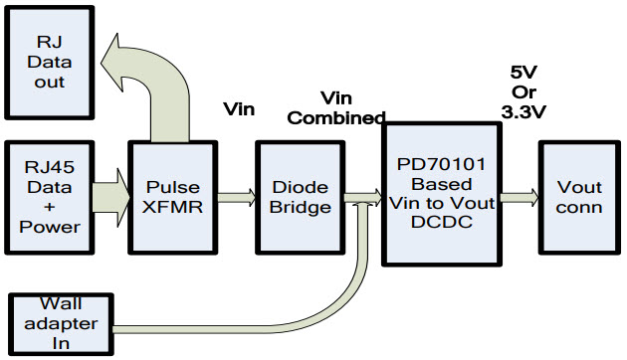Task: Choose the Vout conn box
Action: point(579,196)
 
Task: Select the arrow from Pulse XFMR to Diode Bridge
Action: point(235,197)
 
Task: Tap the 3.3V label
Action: point(524,113)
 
